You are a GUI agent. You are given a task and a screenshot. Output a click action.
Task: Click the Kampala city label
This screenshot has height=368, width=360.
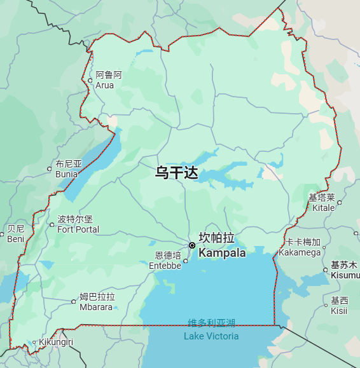click(222, 245)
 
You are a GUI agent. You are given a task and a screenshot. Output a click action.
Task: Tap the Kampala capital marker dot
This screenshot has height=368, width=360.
click(192, 245)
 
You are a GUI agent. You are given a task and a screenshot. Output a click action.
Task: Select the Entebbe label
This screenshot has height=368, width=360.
click(165, 261)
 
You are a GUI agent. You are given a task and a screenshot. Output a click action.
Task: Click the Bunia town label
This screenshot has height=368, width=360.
click(69, 168)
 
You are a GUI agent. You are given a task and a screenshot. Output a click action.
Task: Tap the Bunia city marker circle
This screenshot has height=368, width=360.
click(50, 169)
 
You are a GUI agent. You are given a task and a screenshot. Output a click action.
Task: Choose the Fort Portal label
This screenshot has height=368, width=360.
click(78, 224)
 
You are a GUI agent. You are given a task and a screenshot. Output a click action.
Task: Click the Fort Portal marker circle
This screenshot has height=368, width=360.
click(52, 224)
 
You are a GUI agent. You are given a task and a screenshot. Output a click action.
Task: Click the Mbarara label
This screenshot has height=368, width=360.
click(96, 302)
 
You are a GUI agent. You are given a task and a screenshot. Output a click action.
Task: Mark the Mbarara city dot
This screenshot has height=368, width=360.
click(73, 302)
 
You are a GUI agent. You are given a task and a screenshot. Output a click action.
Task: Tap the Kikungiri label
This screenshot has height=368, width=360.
click(56, 342)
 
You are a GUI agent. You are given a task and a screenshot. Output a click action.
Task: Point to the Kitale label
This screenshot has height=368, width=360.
click(322, 203)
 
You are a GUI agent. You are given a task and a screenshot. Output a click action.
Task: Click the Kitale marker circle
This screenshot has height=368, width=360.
click(340, 203)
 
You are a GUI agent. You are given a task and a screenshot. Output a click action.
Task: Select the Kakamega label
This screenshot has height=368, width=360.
click(300, 247)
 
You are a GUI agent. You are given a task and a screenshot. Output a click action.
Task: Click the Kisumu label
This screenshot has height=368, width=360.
click(345, 270)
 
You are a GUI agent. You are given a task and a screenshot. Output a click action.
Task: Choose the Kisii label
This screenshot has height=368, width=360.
click(340, 305)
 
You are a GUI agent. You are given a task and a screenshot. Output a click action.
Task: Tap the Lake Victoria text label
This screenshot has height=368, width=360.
click(211, 330)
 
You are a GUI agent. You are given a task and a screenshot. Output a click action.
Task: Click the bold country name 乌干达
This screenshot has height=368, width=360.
click(177, 172)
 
